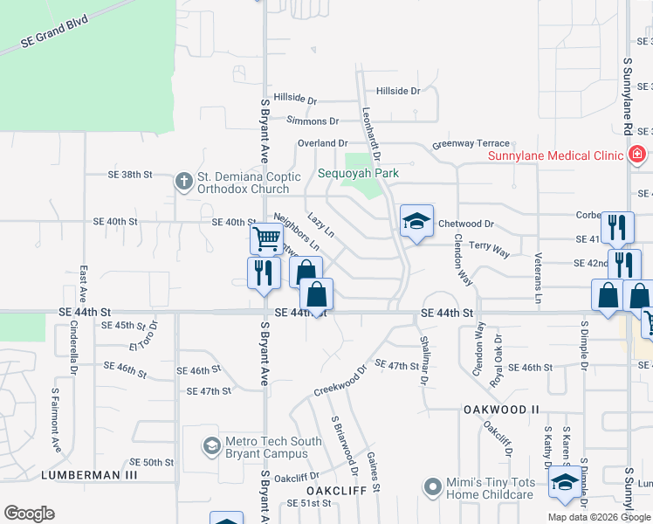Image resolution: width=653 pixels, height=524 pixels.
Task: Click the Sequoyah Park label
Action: [358, 173]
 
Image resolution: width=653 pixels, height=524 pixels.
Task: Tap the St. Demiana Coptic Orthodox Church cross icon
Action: [183, 181]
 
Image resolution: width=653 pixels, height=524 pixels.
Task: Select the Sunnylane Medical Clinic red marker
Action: [636, 155]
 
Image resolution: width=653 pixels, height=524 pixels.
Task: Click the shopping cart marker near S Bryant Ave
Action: [265, 238]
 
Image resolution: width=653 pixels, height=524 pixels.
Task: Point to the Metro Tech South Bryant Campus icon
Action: [211, 447]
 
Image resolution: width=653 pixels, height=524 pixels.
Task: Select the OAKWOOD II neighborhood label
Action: [502, 410]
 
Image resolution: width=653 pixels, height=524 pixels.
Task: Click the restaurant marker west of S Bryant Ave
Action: [262, 272]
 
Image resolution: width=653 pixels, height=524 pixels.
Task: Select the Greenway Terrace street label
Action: [471, 144]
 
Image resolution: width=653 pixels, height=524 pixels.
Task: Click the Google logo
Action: [29, 514]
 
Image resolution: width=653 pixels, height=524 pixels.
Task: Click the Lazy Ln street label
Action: [320, 224]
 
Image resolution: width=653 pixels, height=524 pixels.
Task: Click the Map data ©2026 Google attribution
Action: [599, 517]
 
